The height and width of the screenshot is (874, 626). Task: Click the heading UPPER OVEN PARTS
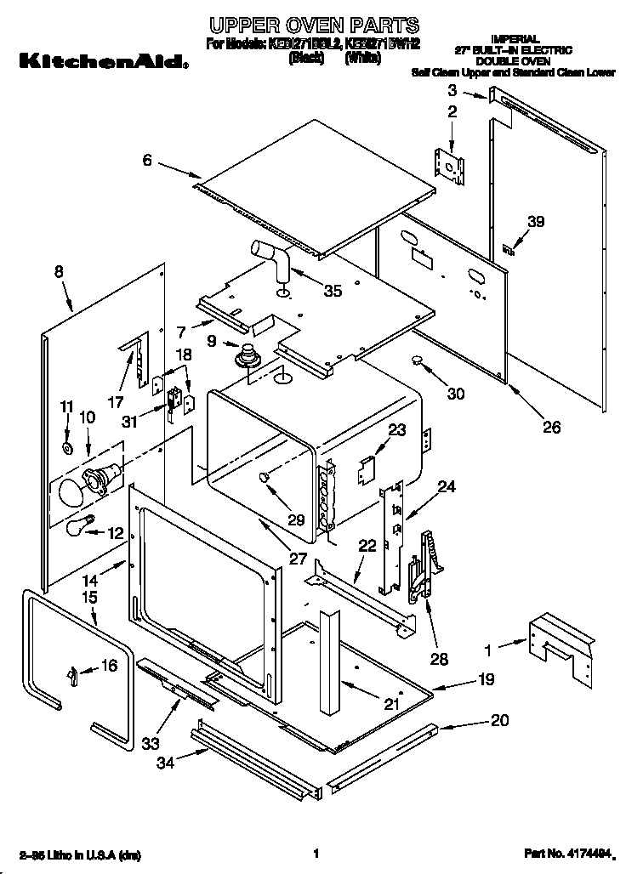(312, 26)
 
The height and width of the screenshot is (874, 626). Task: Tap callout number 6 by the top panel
(147, 159)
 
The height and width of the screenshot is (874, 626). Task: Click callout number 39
(533, 222)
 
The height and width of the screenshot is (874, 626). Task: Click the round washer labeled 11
(67, 448)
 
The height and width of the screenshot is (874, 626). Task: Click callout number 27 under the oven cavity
(273, 559)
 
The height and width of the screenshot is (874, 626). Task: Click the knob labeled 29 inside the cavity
(266, 480)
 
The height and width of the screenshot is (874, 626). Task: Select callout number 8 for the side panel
(59, 272)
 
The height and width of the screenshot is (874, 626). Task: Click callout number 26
(551, 427)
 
